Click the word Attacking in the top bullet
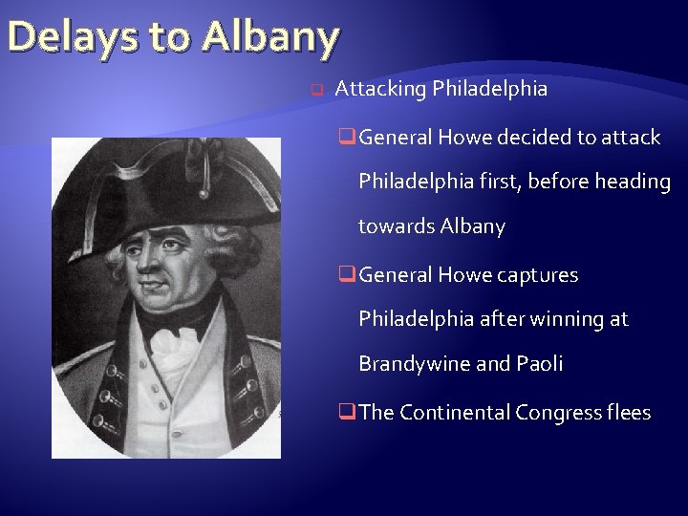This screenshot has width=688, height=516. [381, 90]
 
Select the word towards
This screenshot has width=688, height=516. [397, 226]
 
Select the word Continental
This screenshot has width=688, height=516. [455, 413]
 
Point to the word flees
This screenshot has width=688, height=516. [629, 413]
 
